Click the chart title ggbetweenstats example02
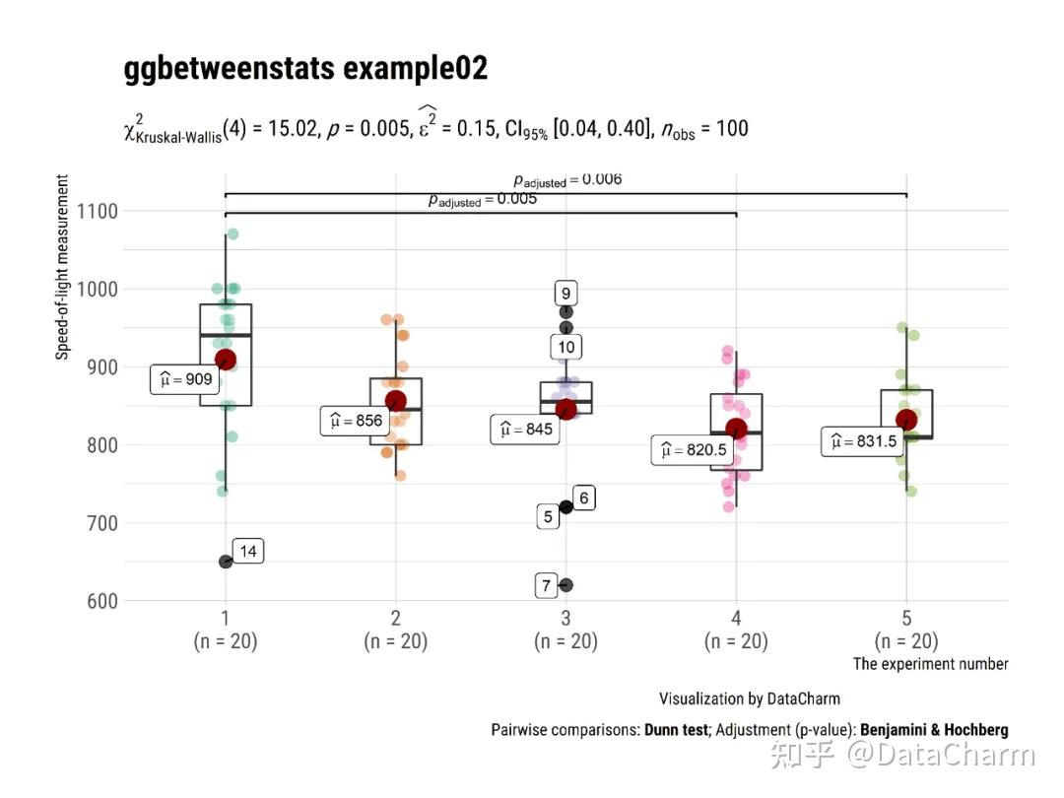tap(305, 70)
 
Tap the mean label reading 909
tap(184, 379)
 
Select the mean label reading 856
tap(355, 422)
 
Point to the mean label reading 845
tap(525, 430)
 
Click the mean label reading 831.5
tap(862, 441)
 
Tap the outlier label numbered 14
tap(248, 552)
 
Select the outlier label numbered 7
tap(547, 586)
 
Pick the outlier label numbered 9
tap(565, 294)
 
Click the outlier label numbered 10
tap(565, 347)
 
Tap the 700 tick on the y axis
tap(97, 523)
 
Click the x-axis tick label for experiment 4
tap(736, 619)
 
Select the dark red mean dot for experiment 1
tap(226, 360)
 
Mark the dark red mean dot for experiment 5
tap(906, 420)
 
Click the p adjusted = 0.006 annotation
tap(567, 180)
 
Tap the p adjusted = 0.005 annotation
tap(482, 200)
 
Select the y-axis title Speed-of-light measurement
tap(63, 267)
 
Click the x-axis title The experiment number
tap(930, 664)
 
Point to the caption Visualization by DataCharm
tap(749, 698)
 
